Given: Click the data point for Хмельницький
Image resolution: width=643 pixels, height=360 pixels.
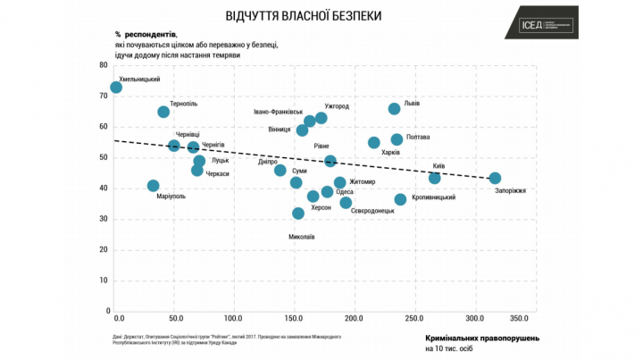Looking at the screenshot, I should pos(116,88).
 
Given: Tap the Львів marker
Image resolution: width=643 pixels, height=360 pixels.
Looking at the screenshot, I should pos(394,109).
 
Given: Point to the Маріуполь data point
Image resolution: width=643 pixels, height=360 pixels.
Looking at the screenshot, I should pos(153,186).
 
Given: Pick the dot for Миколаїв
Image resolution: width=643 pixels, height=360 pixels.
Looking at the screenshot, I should pos(298,213).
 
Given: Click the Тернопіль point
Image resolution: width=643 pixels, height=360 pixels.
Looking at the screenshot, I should pos(163,112).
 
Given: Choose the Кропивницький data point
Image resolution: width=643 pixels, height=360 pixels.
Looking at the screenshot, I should pos(400,199).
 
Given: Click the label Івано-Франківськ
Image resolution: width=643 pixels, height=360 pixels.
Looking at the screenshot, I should pos(279,112).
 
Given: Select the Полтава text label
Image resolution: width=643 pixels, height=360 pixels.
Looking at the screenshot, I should pos(417,138).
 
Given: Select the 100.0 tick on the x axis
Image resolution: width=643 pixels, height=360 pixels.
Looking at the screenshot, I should pos(234,318).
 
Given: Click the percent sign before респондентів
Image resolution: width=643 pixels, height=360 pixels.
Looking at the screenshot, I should pos(117,33).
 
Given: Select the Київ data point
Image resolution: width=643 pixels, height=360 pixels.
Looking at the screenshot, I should pos(435,178).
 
